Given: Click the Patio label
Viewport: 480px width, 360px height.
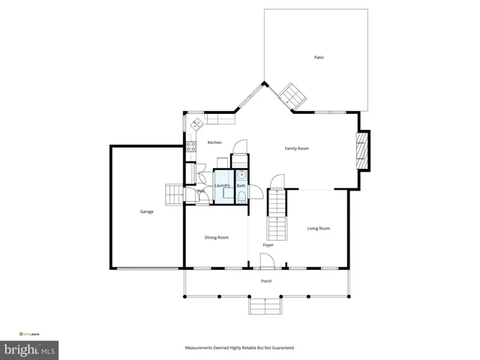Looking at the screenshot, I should click(319, 58).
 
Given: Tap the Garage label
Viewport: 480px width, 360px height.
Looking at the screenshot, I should click(146, 211).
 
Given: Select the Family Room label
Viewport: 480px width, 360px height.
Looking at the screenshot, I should click(296, 148).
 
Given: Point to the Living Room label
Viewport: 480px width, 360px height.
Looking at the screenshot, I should click(319, 228).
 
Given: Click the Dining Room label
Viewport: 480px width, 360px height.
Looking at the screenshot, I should click(217, 238).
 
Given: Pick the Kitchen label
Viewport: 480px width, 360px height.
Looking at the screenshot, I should click(214, 142).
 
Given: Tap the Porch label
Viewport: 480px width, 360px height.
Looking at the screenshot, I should click(266, 281).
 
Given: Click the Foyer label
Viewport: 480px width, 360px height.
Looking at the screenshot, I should click(268, 245).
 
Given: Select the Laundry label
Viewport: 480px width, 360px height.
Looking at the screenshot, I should click(222, 185).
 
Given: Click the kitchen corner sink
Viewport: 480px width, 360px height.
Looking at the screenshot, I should click(197, 124).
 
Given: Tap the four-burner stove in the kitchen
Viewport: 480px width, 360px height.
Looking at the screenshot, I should click(191, 145).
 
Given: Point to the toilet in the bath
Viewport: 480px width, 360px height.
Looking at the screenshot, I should click(241, 196).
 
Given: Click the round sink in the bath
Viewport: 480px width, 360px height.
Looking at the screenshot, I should click(241, 173).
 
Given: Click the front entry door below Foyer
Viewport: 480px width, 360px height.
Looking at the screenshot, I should click(266, 261).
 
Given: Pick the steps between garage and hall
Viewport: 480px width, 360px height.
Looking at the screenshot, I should click(174, 194).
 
